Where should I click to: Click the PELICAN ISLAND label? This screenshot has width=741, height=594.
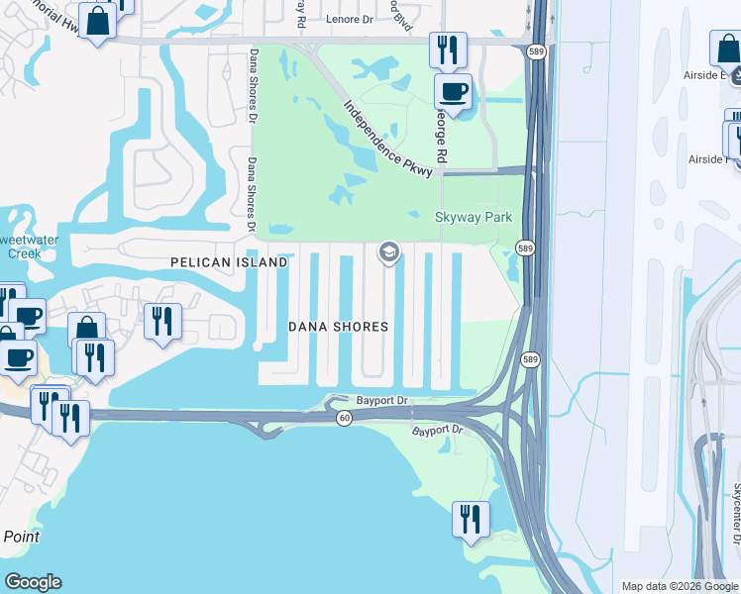click(x=229, y=262)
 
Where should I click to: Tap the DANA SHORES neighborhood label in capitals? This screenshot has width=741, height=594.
click(x=338, y=327)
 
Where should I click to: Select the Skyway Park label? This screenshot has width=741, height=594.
click(x=474, y=217)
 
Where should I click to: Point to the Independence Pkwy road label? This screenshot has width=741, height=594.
click(x=388, y=140)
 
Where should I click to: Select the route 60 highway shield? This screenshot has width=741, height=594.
click(x=344, y=419)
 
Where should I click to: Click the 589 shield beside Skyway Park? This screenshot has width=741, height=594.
click(x=525, y=247)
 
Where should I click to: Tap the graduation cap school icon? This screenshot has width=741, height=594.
click(x=388, y=254)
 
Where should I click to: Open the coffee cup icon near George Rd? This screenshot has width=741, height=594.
click(x=454, y=92)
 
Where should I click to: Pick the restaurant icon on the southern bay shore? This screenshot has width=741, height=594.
click(x=471, y=517)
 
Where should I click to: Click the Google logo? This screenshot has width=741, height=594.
click(x=33, y=582)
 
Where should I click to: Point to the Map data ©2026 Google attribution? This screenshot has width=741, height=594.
click(x=680, y=586)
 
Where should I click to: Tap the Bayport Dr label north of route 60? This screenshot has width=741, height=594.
click(x=381, y=400)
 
